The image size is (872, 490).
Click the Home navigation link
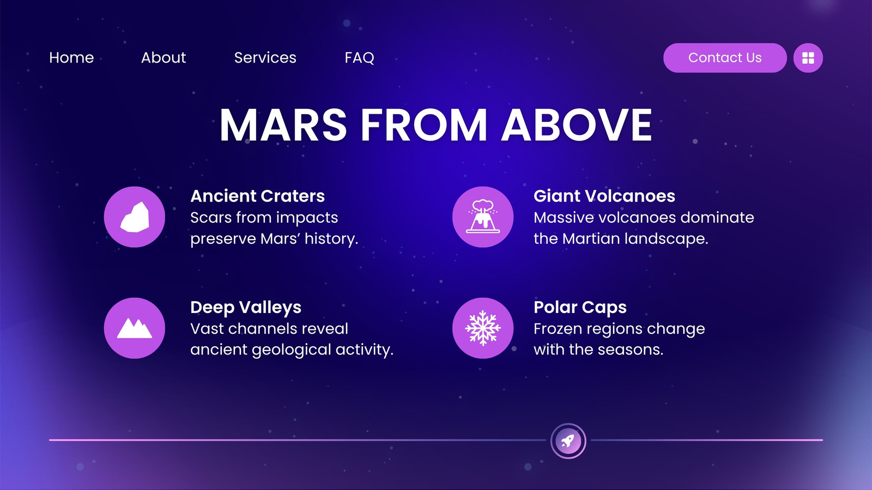click(x=71, y=58)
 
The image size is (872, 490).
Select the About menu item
click(x=163, y=58)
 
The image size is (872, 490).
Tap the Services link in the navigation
click(x=265, y=58)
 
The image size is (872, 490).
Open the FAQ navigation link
click(x=359, y=58)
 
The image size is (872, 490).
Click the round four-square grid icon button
click(x=808, y=58)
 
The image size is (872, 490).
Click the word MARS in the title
click(x=283, y=125)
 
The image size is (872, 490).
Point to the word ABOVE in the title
click(x=576, y=125)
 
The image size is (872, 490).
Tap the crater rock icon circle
click(x=134, y=217)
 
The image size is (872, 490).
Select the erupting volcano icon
click(x=483, y=217)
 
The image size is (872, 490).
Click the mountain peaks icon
click(x=134, y=328)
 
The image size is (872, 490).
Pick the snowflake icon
click(x=483, y=328)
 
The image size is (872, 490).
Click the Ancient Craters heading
click(x=257, y=196)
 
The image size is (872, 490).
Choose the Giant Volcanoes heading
click(x=604, y=196)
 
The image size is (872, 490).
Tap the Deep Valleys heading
click(x=246, y=308)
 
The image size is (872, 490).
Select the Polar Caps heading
click(x=580, y=308)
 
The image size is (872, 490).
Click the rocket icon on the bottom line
click(x=568, y=441)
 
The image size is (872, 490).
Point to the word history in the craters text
click(x=331, y=239)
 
